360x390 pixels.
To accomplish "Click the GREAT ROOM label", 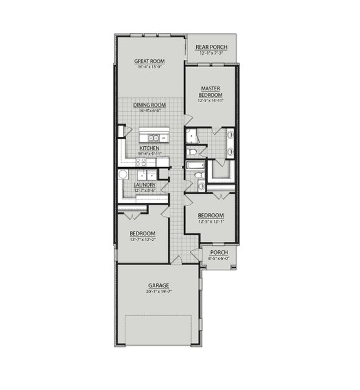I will [x=149, y=61].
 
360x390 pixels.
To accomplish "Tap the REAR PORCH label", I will [x=211, y=47].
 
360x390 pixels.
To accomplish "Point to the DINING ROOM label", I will [x=149, y=105].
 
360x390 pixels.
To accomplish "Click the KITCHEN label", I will [x=149, y=148].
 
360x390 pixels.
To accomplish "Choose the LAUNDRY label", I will [x=144, y=185].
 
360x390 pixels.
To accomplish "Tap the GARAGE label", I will [x=158, y=285].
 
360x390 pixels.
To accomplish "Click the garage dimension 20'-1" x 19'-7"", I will [x=158, y=292].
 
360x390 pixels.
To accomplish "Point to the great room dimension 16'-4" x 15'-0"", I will [x=149, y=68].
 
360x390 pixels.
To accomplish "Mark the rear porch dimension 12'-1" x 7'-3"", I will [x=211, y=54].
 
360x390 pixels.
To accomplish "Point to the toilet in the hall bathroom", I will [x=201, y=187].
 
